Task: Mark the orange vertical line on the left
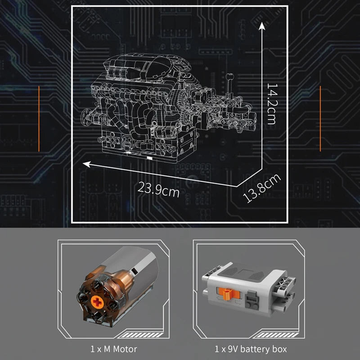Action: coord(39,117)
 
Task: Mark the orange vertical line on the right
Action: coord(320,118)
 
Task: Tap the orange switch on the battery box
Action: coord(229,294)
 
